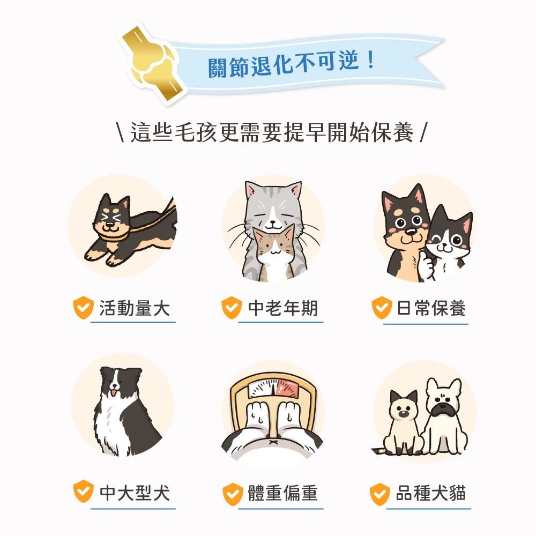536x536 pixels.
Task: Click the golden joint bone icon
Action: [151, 62]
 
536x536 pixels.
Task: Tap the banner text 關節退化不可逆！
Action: [291, 63]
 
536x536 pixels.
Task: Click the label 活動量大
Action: [134, 308]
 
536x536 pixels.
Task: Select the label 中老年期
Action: [282, 308]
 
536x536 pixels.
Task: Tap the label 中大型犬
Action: [134, 492]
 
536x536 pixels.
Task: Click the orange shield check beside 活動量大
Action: [84, 308]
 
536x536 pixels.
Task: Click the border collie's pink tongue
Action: [114, 395]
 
